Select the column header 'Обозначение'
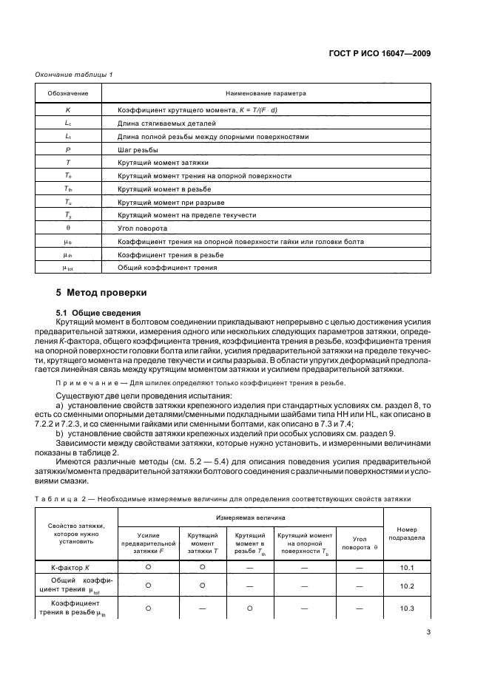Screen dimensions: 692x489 pyautogui.click(x=68, y=94)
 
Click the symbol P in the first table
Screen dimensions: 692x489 pyautogui.click(x=68, y=149)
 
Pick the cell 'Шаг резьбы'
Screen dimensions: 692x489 pyautogui.click(x=138, y=149)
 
